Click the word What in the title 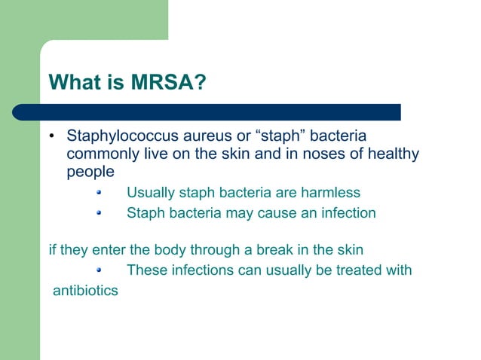tap(74, 82)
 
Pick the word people tap(90, 172)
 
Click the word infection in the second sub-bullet tap(343, 213)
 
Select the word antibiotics tap(85, 290)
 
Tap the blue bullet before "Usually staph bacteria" tap(99, 192)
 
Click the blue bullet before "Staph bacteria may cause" tap(99, 212)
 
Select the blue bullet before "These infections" tap(99, 269)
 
